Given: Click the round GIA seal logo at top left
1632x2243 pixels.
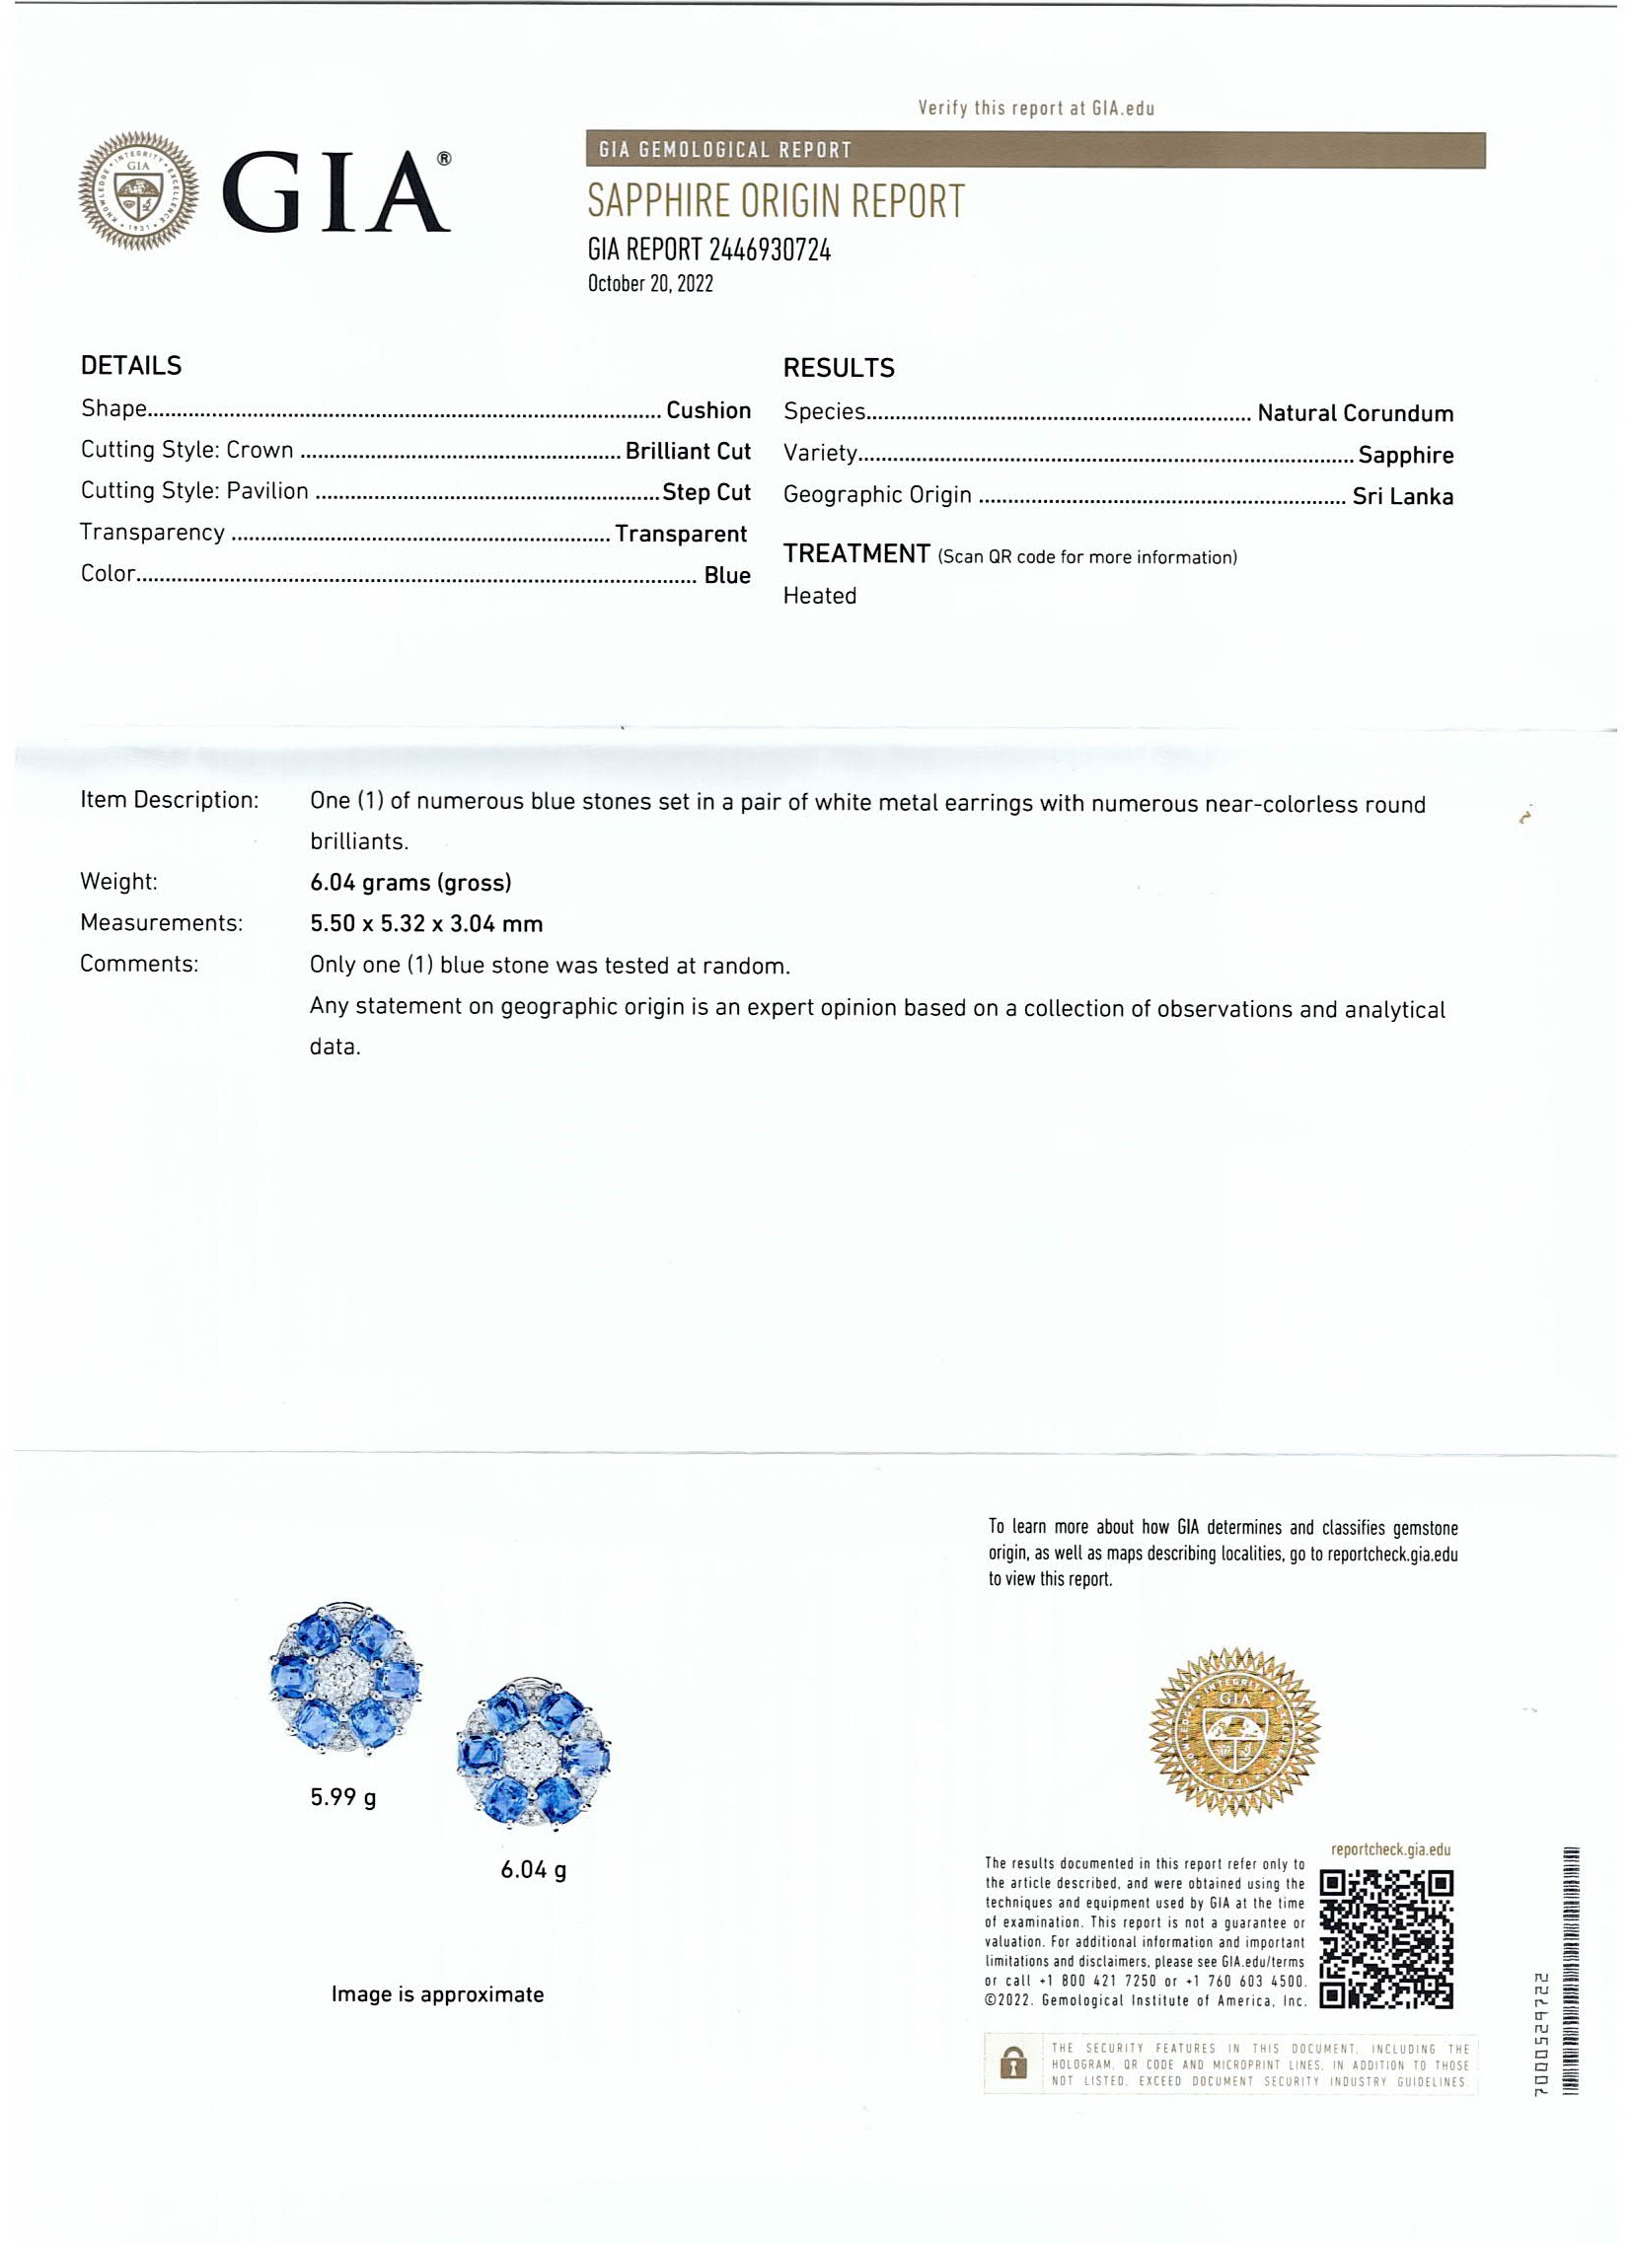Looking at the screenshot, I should point(137,190).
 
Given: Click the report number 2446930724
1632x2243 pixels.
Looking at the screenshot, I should point(770,251).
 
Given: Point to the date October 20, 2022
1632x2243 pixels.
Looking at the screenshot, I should point(650,284).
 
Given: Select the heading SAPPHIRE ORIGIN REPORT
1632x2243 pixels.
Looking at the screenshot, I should point(776,202).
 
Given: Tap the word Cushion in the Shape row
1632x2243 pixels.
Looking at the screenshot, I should point(708,410).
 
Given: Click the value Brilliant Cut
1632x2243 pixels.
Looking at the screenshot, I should point(688,452).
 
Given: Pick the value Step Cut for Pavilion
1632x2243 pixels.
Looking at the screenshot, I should point(706,492).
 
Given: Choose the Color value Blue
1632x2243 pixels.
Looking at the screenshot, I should point(727,576).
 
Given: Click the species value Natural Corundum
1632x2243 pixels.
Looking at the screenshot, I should point(1354,413).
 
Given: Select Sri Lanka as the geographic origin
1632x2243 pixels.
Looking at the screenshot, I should point(1402,496).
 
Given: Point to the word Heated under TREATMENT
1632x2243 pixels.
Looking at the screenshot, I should point(819,596).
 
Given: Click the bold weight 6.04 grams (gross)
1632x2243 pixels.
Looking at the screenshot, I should point(410,882).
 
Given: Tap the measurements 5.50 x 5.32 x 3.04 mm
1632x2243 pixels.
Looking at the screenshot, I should point(426,923).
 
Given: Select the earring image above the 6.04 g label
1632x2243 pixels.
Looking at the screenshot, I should point(534,1755).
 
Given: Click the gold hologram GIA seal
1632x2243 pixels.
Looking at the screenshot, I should point(1233,1732).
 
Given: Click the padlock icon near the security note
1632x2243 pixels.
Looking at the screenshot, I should point(1012,2064).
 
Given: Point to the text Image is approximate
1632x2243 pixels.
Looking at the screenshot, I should point(437,1994).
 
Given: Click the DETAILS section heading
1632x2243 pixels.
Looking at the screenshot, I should point(130,366).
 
